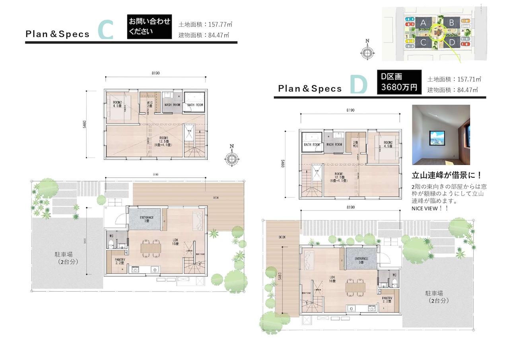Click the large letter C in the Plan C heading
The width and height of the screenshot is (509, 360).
click(105, 30)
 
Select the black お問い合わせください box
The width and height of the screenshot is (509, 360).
click(149, 27)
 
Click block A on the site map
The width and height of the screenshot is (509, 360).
click(423, 23)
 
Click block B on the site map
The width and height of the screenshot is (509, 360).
click(451, 23)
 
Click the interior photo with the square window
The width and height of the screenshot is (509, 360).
click(441, 135)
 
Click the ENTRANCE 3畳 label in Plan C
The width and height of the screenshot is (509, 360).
click(144, 219)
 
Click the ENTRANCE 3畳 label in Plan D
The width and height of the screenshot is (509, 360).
click(361, 260)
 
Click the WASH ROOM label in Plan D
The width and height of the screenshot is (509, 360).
click(334, 144)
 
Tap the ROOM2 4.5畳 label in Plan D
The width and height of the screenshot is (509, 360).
click(388, 144)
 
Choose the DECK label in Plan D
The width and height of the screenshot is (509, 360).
click(282, 237)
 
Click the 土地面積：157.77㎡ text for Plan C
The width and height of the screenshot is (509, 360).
click(205, 24)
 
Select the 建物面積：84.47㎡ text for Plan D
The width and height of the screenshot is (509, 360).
click(453, 90)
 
